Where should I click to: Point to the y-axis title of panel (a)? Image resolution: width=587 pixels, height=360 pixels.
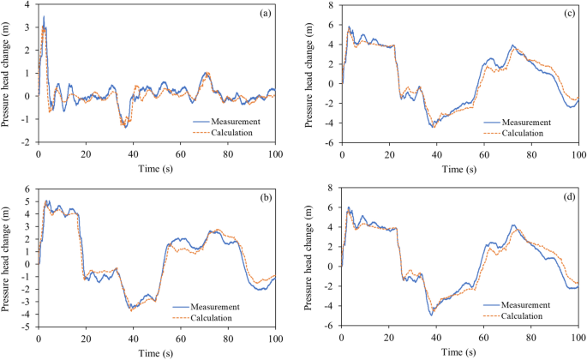click(7, 74)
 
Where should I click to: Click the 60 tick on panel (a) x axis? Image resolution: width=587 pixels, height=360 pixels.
click(180, 153)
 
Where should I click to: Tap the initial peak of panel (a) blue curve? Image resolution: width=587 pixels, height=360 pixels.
click(44, 16)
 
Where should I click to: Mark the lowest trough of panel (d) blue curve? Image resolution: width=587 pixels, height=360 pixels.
click(431, 315)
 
